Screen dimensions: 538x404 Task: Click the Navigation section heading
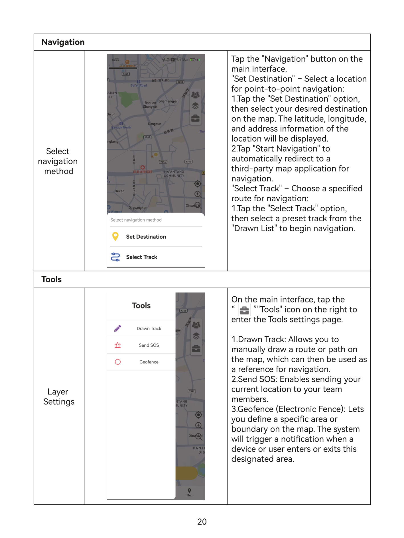63,42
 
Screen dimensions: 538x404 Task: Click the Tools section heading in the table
51,279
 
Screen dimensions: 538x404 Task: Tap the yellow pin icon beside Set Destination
115,236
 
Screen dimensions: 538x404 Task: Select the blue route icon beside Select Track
115,257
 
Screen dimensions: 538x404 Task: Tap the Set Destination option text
146,237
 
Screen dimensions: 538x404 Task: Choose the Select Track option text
141,257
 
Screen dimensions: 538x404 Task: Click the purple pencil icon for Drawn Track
117,328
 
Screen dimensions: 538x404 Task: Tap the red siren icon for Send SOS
117,345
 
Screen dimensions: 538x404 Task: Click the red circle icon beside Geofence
117,362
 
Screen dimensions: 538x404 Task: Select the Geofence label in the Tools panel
149,362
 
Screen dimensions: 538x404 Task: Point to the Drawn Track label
149,328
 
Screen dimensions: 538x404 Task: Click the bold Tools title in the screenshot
141,306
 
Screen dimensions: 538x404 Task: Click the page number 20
202,521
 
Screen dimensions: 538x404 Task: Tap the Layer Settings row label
59,396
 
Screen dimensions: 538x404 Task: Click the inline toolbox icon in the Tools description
244,310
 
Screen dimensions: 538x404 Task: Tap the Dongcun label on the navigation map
155,124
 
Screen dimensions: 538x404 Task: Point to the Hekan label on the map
119,191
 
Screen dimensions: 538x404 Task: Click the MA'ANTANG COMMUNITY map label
174,174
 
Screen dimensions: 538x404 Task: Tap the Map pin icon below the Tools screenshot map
189,490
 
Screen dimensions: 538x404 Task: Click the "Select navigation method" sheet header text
136,220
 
